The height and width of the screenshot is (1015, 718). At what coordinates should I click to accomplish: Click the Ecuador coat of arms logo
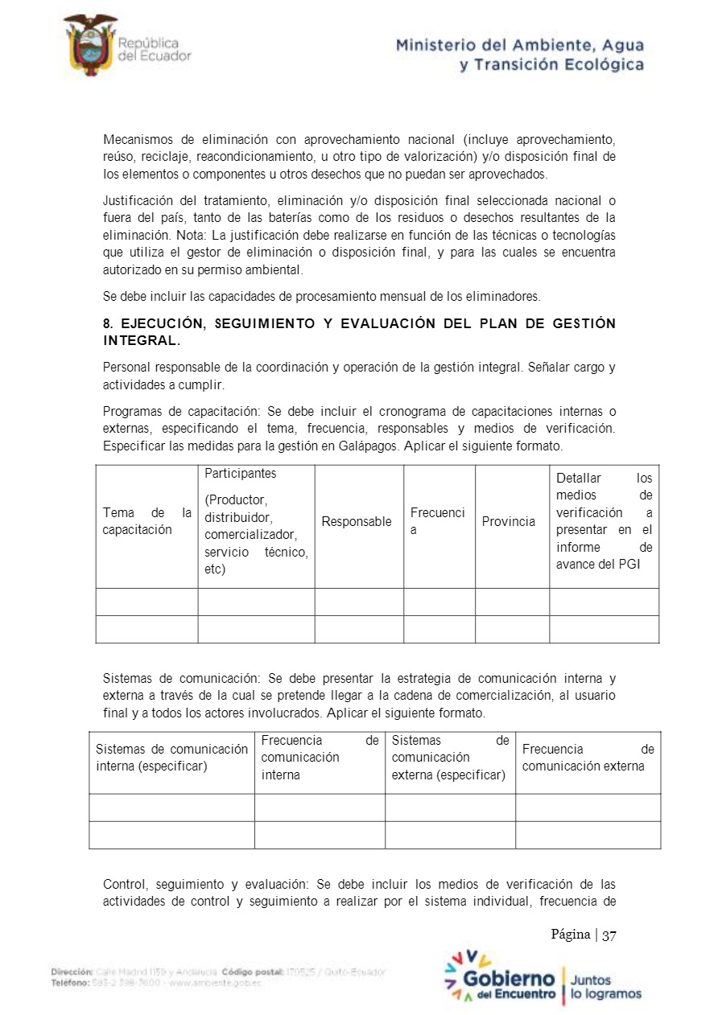tap(89, 45)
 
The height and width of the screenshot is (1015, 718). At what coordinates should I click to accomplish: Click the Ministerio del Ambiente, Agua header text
tap(519, 46)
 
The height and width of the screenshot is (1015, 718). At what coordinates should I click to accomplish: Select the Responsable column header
tap(357, 521)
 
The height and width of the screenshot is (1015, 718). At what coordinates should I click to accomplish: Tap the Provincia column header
tap(508, 521)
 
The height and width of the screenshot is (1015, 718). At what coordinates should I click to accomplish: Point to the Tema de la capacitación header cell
tap(146, 521)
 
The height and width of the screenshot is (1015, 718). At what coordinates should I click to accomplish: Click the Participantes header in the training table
tap(240, 473)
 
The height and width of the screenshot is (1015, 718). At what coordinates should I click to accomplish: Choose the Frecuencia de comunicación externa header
tap(588, 758)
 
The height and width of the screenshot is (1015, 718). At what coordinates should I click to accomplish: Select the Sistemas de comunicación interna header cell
tap(171, 758)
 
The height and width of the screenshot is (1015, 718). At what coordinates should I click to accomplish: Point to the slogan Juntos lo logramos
tap(605, 987)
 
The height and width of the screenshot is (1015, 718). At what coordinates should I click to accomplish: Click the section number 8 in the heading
tap(107, 323)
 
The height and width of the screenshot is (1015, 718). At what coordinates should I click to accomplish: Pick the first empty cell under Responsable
tap(358, 602)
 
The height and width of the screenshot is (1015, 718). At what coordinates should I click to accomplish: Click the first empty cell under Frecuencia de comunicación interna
tap(320, 807)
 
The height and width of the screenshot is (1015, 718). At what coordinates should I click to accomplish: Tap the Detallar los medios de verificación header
tap(604, 521)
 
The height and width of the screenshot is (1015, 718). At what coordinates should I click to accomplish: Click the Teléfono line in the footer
tap(161, 983)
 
